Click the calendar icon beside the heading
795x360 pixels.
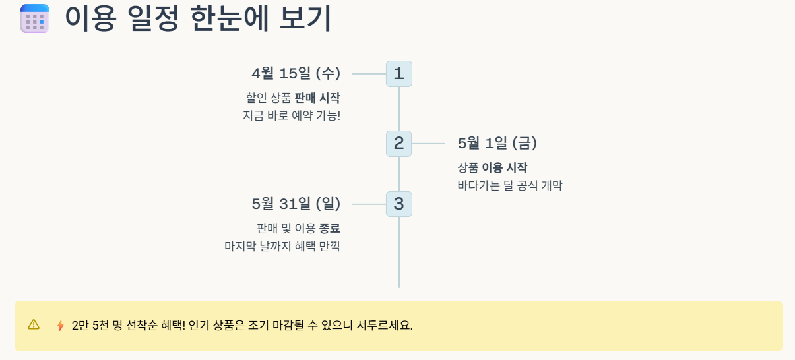tap(35, 18)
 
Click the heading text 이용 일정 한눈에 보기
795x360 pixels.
tap(198, 18)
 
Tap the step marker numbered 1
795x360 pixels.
tap(399, 74)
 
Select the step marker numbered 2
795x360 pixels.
tap(399, 144)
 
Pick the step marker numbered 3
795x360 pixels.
tap(399, 204)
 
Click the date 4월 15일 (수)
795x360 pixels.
tap(296, 73)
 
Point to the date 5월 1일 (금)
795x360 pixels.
tap(497, 143)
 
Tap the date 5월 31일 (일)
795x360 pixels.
tap(296, 204)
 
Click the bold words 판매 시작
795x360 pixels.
tap(317, 98)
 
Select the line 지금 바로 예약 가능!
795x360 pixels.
tap(292, 115)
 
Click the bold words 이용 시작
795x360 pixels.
tap(505, 167)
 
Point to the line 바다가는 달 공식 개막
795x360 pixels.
tap(510, 185)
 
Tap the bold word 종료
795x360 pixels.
tap(330, 228)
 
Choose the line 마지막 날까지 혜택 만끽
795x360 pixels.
tap(282, 246)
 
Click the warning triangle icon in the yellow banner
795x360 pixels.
tap(34, 324)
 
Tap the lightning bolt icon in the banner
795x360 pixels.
tap(61, 325)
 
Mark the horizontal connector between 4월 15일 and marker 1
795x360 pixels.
tap(369, 74)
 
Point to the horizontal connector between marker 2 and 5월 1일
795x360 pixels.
tap(428, 144)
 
